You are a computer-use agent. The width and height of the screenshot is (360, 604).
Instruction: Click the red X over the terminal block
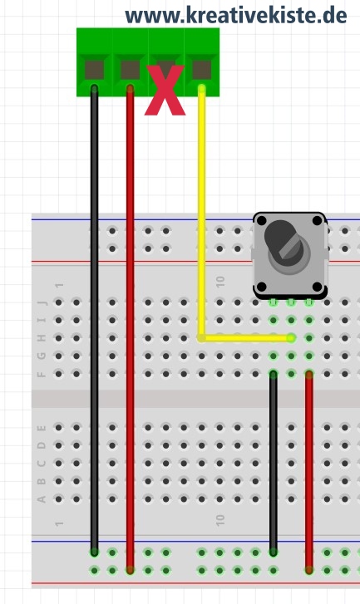click(x=165, y=91)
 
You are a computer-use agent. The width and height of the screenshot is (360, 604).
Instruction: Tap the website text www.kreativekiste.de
click(x=236, y=16)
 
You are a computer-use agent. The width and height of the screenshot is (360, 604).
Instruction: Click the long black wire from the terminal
click(x=94, y=320)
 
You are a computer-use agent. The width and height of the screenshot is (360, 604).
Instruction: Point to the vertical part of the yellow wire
click(x=201, y=213)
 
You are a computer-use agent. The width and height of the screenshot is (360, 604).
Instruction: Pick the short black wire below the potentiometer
click(x=274, y=463)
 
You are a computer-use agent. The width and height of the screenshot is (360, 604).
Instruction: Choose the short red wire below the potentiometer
click(x=309, y=472)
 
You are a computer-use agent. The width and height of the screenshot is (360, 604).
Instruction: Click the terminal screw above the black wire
click(x=94, y=70)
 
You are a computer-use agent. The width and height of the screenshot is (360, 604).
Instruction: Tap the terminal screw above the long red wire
click(x=131, y=70)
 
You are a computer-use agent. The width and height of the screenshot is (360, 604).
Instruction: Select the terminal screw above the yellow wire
click(x=201, y=70)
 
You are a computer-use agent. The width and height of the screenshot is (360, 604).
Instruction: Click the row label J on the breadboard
click(x=42, y=302)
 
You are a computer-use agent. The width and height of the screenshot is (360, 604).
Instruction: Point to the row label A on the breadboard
click(x=42, y=499)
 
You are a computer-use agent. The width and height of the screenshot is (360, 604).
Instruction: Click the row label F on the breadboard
click(x=42, y=374)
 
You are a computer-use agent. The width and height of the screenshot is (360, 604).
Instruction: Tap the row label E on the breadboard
click(x=42, y=428)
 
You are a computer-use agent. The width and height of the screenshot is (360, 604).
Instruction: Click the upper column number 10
click(x=220, y=282)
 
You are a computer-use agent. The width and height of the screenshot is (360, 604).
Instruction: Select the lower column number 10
click(x=220, y=520)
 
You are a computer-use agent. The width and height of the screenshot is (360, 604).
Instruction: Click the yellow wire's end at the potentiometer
click(x=291, y=338)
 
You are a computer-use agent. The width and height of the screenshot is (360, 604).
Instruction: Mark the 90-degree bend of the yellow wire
click(x=201, y=338)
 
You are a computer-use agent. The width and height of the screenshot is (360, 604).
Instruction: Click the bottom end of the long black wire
click(x=94, y=552)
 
